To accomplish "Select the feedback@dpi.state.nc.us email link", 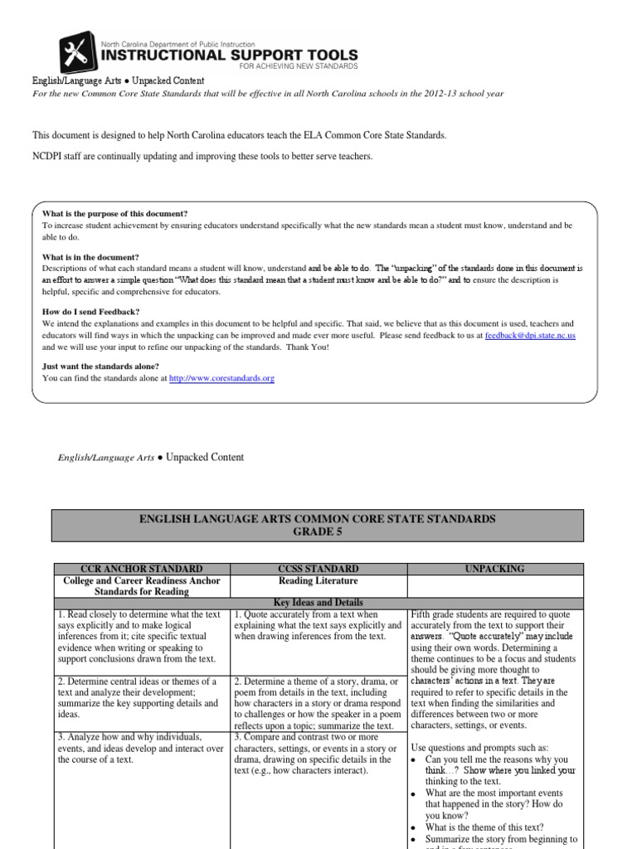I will pos(530,336).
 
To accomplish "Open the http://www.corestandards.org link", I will pos(221,378).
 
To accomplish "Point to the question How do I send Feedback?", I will pos(91,311).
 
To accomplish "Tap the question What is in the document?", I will pos(90,257).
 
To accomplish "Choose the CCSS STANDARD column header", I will pos(319,569).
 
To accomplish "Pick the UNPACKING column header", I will pos(497,569).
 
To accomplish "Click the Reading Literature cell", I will pos(319,580).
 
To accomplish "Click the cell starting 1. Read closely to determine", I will pos(140,636).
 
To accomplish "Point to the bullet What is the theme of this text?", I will pos(484,826).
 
